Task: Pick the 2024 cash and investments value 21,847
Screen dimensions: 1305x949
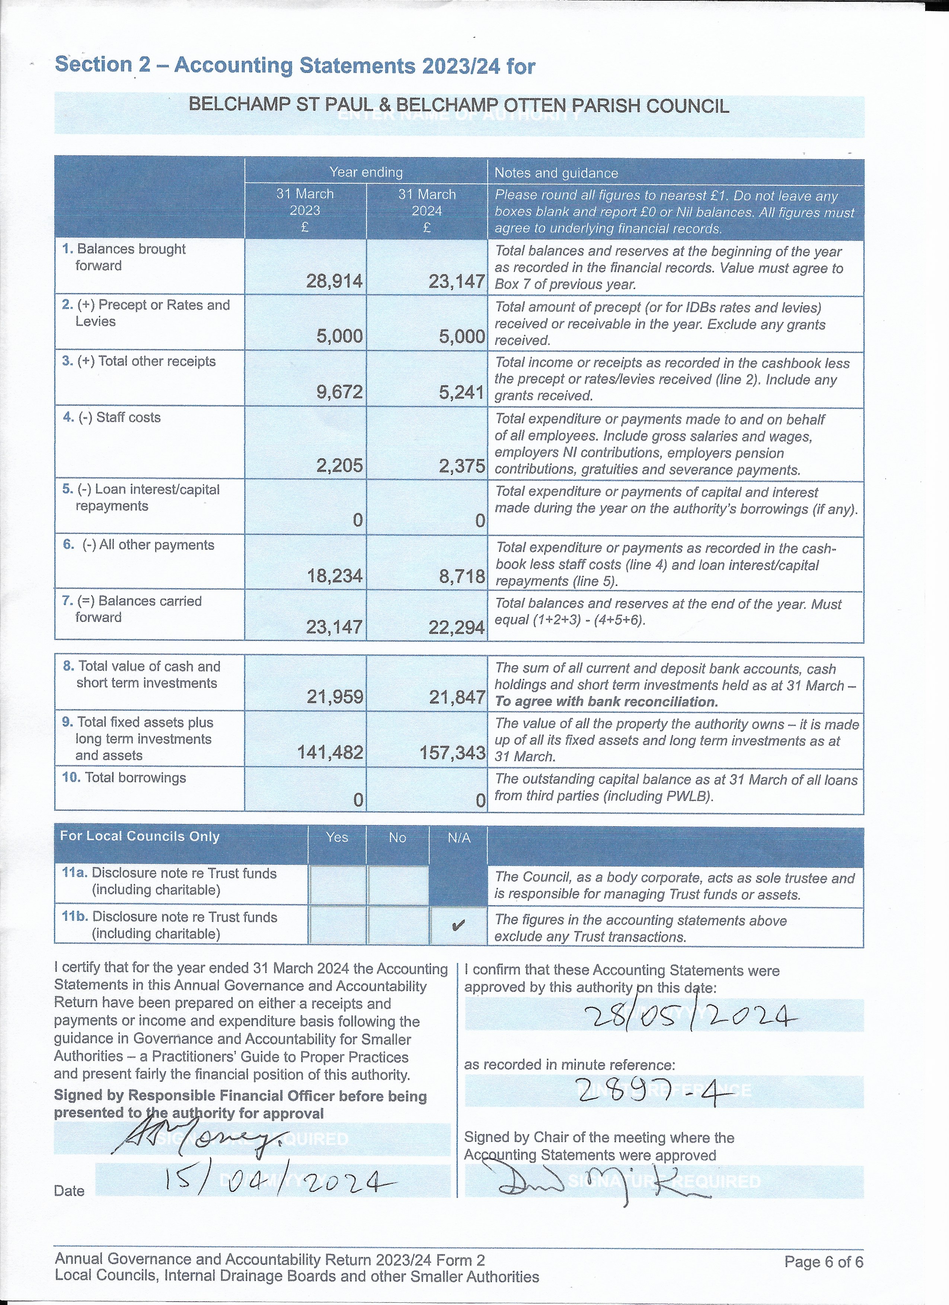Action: coord(457,698)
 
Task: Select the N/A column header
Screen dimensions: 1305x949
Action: coord(458,838)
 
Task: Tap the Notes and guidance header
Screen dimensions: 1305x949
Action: coord(556,173)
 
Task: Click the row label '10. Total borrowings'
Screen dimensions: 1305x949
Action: coord(124,778)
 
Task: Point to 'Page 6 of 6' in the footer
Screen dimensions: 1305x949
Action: coord(823,1262)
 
